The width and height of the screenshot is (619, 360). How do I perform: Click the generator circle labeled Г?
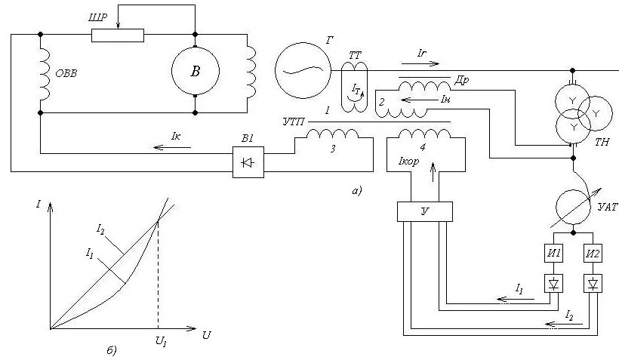point(302,69)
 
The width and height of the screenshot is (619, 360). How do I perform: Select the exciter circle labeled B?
point(196,72)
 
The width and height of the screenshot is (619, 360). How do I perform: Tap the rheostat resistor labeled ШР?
point(117,35)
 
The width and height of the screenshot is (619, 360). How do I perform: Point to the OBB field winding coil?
point(44,73)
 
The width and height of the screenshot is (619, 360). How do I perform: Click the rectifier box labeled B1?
point(248,162)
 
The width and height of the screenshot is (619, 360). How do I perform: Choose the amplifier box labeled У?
point(424,212)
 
